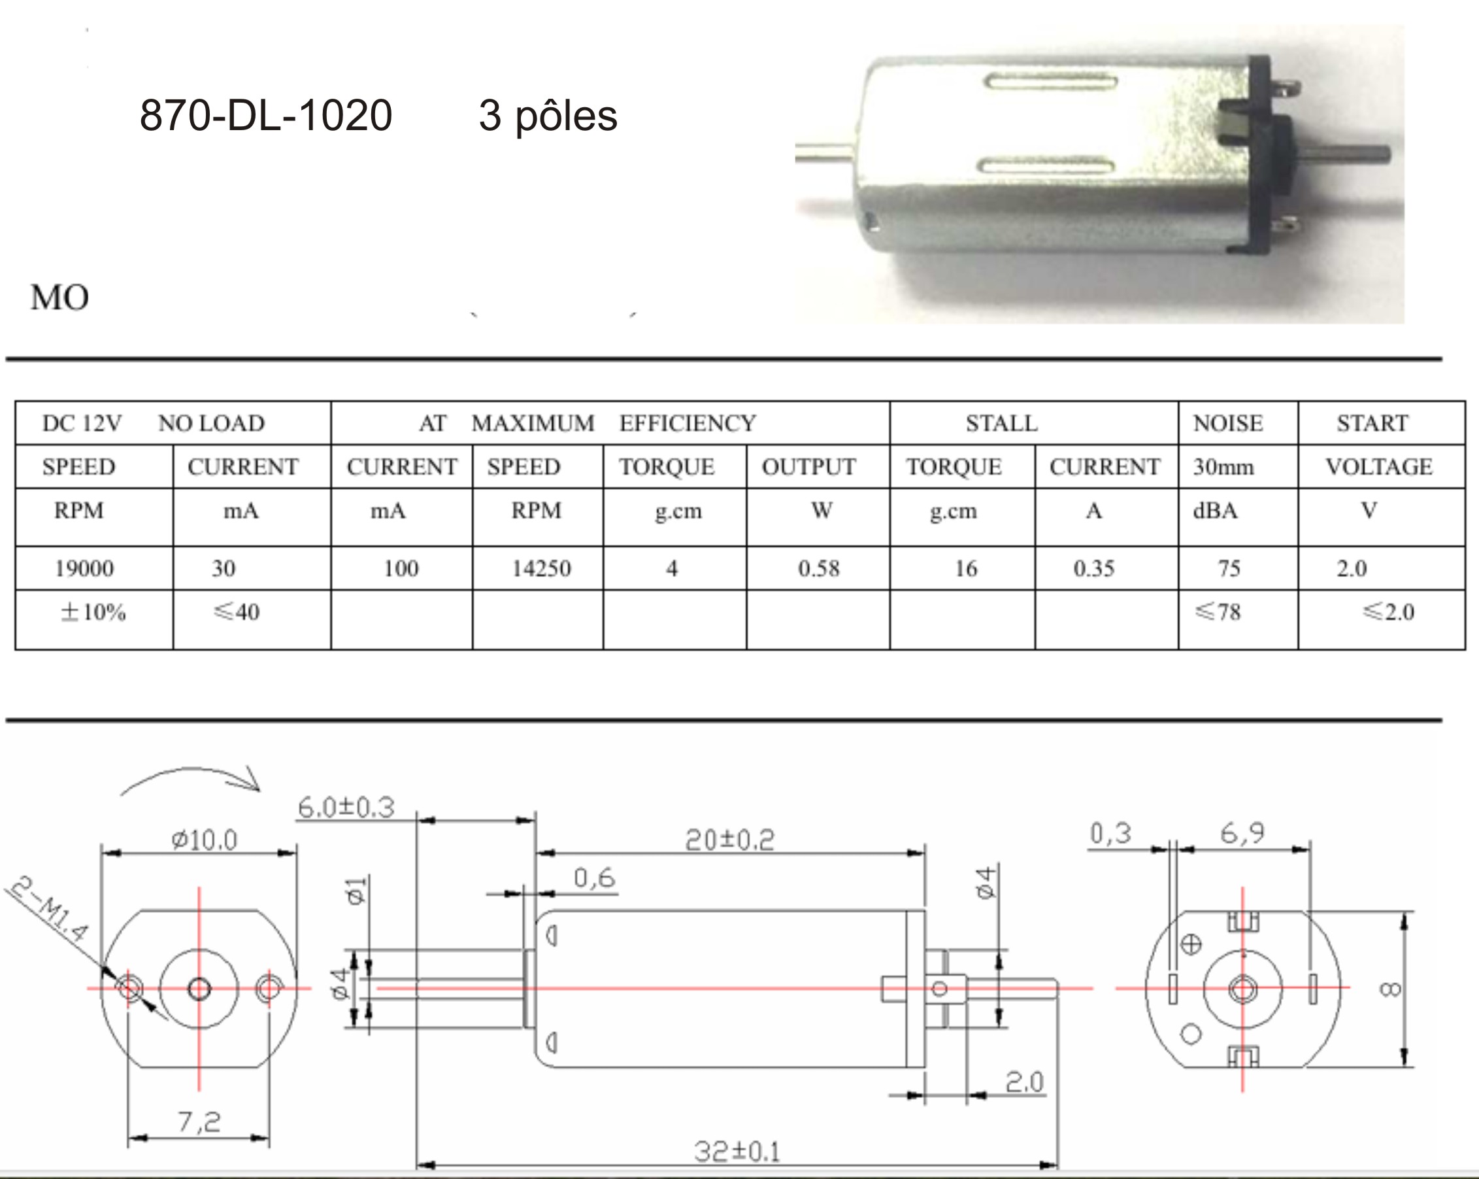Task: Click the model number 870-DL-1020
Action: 266,114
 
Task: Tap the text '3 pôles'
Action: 548,116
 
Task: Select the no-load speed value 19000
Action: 84,568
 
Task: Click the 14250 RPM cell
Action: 541,568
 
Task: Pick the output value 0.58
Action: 818,568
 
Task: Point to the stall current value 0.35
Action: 1093,568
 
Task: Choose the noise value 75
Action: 1229,568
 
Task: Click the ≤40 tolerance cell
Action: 237,611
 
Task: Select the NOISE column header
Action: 1228,422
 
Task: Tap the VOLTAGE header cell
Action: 1379,467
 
